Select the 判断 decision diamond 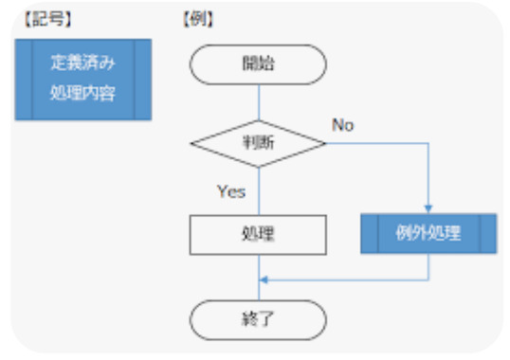pos(259,144)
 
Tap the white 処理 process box pos(259,234)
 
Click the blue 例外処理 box pos(428,234)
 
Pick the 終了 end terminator pos(259,318)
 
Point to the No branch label pos(343,125)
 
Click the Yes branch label pos(230,191)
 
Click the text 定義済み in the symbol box pos(82,64)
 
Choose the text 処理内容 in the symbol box pos(82,94)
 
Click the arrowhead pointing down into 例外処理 pos(428,210)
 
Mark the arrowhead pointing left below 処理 pos(264,279)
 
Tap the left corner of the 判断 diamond pos(192,144)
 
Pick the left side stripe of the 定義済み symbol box pos(24,80)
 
